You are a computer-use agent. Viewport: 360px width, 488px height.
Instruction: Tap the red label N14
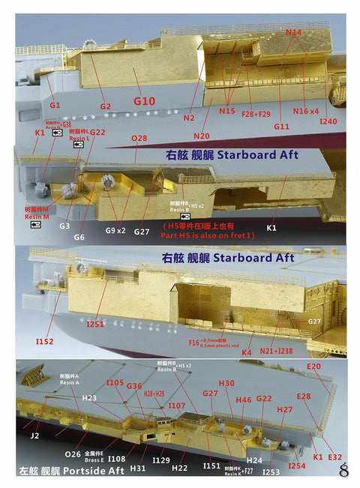point(293,32)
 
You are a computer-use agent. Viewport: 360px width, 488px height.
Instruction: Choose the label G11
point(281,127)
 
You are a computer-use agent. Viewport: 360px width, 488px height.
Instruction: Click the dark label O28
point(139,139)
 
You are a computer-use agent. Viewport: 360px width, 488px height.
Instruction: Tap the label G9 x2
point(115,231)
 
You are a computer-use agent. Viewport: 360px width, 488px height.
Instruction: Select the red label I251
point(95,324)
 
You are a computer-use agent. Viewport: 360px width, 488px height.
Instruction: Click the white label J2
point(34,434)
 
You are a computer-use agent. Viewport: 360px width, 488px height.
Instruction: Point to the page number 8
point(344,471)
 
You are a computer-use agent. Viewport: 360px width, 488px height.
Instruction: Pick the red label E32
point(334,457)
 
